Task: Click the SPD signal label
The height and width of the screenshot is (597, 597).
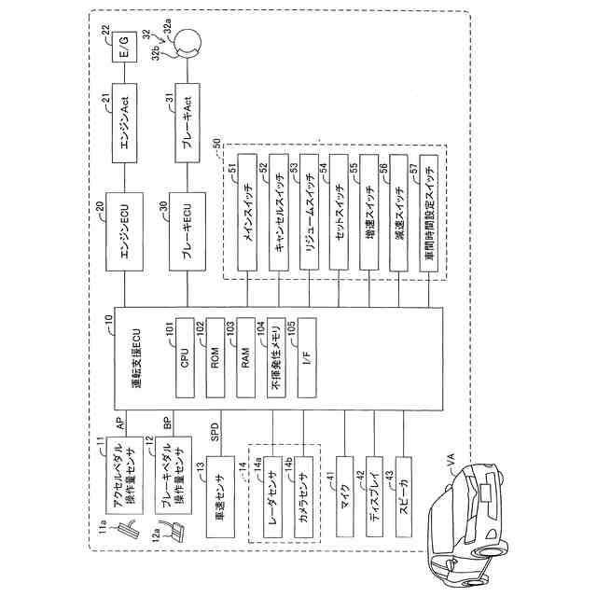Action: (214, 434)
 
